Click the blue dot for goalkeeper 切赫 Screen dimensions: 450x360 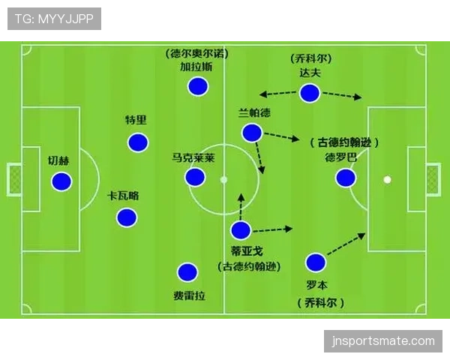61,181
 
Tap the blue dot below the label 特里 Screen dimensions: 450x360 138,142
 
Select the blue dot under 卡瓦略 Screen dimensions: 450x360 127,217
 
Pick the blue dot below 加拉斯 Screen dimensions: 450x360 198,86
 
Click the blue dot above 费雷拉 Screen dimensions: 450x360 187,272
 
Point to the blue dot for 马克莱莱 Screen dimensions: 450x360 195,177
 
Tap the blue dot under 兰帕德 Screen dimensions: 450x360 252,133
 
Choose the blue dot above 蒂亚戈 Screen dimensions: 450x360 241,230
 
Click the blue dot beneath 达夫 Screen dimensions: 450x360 309,93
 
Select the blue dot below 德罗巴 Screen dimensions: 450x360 346,178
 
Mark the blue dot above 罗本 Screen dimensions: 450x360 316,262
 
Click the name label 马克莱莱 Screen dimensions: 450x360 193,157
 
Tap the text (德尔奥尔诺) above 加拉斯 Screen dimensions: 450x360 196,54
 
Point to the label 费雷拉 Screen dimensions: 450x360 189,295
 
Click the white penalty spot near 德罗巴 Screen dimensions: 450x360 388,180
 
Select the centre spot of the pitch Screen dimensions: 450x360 223,180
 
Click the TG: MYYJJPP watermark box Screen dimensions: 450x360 54,19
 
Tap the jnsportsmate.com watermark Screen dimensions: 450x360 383,341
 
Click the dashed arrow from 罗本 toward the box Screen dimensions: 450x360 346,244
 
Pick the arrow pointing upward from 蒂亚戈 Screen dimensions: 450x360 241,207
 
